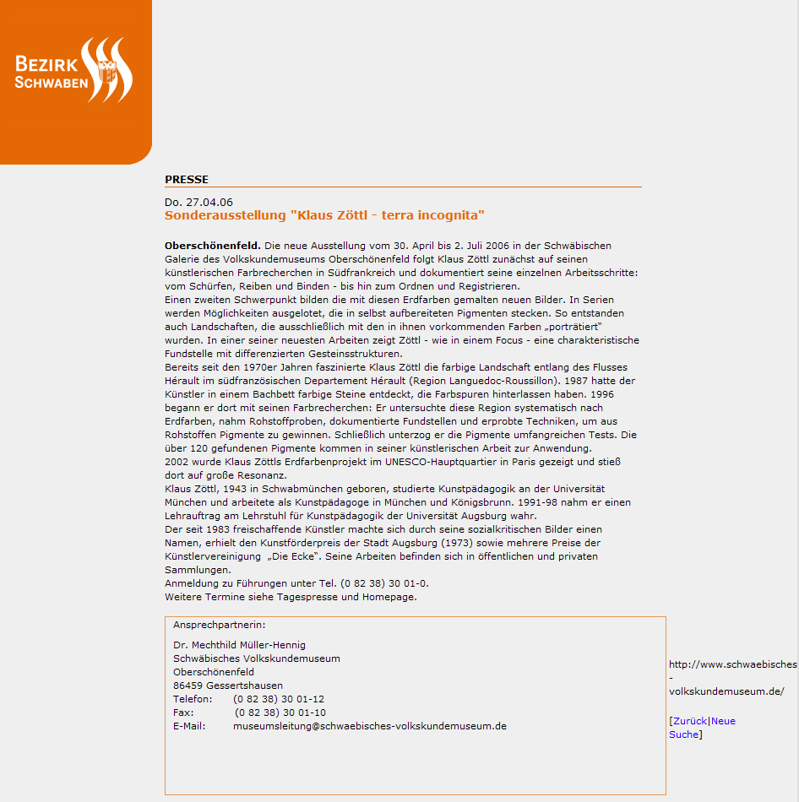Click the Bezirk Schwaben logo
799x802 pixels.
coord(73,71)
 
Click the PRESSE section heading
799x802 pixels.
coord(186,179)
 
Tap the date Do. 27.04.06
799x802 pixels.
coord(198,202)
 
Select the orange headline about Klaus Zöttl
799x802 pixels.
coord(324,215)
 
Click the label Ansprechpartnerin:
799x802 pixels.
coord(219,625)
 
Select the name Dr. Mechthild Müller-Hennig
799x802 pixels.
coord(239,645)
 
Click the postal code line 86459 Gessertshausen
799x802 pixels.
coord(228,685)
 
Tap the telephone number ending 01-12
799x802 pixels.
coord(279,699)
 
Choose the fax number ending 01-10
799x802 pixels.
coord(280,713)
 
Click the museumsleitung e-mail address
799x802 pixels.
coord(370,726)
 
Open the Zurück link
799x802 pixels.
coord(689,721)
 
